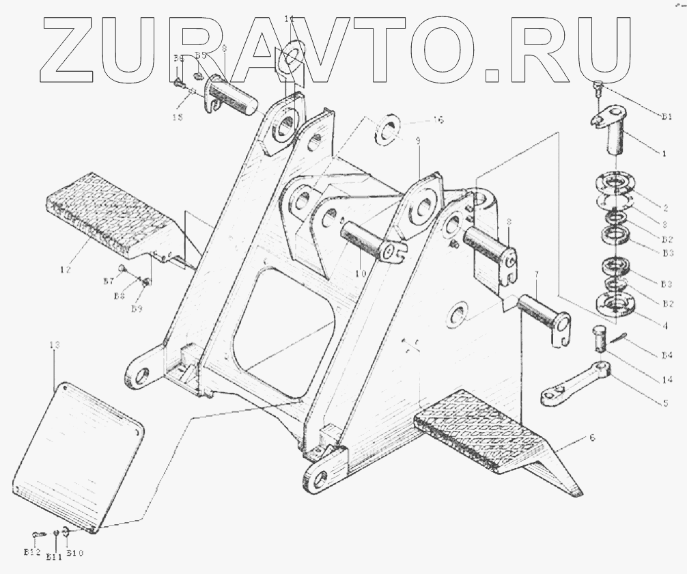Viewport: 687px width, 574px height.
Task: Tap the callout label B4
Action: tap(667, 355)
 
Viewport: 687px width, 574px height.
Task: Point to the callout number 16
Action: tap(438, 120)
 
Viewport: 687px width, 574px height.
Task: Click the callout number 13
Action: tap(54, 346)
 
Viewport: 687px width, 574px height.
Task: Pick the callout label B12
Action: tap(31, 552)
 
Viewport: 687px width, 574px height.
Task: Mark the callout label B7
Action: tap(108, 282)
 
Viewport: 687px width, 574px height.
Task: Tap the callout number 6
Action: tap(591, 437)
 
